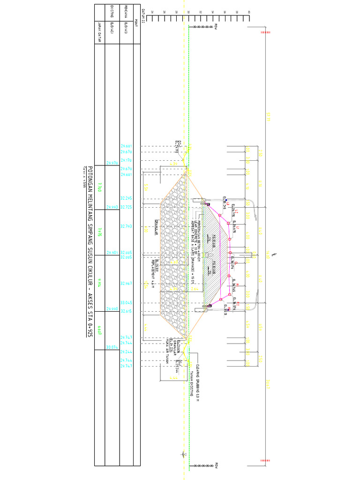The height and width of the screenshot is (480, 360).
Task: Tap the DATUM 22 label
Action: pyautogui.click(x=143, y=18)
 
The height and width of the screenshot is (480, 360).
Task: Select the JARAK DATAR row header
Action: pyautogui.click(x=99, y=32)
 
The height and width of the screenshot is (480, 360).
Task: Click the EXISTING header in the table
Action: pyautogui.click(x=112, y=14)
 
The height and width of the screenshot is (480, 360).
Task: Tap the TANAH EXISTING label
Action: pyautogui.click(x=192, y=384)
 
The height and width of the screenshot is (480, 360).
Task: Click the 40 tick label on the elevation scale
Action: pyautogui.click(x=248, y=13)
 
